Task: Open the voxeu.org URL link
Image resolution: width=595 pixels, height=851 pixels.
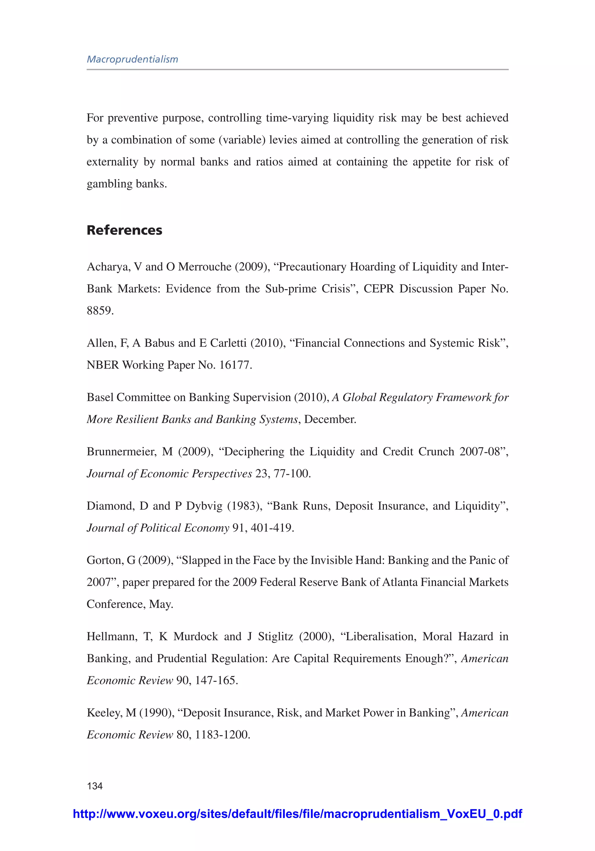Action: tap(297, 814)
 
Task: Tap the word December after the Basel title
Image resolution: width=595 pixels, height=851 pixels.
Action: tap(329, 419)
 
